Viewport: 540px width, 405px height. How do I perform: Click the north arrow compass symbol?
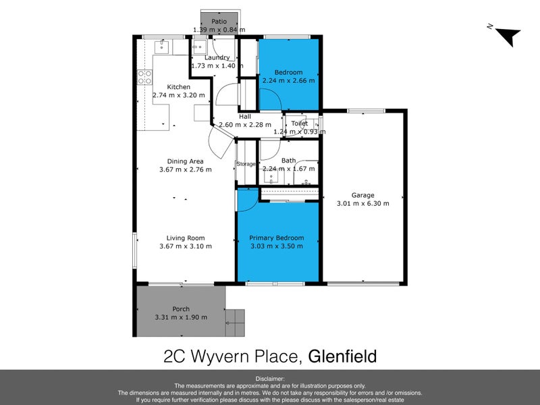506,34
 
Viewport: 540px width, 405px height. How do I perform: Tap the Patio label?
219,22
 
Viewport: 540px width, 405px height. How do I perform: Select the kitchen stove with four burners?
143,77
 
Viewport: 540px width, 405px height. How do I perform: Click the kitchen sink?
162,47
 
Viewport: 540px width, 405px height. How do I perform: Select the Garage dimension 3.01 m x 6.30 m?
362,203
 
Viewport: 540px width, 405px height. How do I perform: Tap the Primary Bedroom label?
277,238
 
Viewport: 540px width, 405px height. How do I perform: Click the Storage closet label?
246,164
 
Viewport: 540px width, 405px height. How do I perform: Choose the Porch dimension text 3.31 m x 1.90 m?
180,317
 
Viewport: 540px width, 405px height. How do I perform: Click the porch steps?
235,323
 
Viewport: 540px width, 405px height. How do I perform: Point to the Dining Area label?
186,161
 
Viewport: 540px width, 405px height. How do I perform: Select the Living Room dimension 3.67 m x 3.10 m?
186,246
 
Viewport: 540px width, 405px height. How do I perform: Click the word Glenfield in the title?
342,356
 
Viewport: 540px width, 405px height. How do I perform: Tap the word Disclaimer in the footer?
270,379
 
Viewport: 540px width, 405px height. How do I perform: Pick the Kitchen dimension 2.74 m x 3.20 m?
179,95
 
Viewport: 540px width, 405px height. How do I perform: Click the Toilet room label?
299,124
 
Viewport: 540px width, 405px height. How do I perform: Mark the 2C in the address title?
177,356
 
